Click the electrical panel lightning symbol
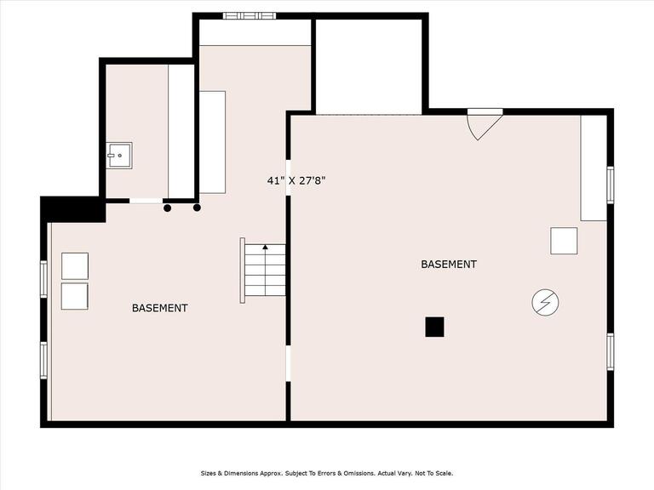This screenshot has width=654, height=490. point(545,303)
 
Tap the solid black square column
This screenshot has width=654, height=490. point(434,327)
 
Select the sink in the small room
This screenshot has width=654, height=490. point(119,156)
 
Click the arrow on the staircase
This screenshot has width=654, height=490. point(266,247)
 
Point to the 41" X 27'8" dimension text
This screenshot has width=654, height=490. point(296,181)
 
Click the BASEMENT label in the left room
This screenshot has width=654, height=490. point(160,308)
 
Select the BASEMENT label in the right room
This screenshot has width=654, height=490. point(449,265)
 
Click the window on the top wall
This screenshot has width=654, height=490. point(250,16)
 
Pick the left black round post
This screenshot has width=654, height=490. point(167,208)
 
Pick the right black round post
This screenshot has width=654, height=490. point(197,208)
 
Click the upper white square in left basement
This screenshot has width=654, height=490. point(75,265)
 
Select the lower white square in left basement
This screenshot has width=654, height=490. point(75,296)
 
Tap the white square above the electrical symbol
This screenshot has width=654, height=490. point(564,241)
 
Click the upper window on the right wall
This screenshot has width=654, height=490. point(611,185)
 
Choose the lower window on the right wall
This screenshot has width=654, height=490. point(611,351)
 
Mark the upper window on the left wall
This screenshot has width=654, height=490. point(43,279)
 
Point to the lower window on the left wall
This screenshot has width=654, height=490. point(43,361)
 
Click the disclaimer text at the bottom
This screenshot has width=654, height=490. point(327,473)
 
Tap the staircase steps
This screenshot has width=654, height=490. point(265,270)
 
